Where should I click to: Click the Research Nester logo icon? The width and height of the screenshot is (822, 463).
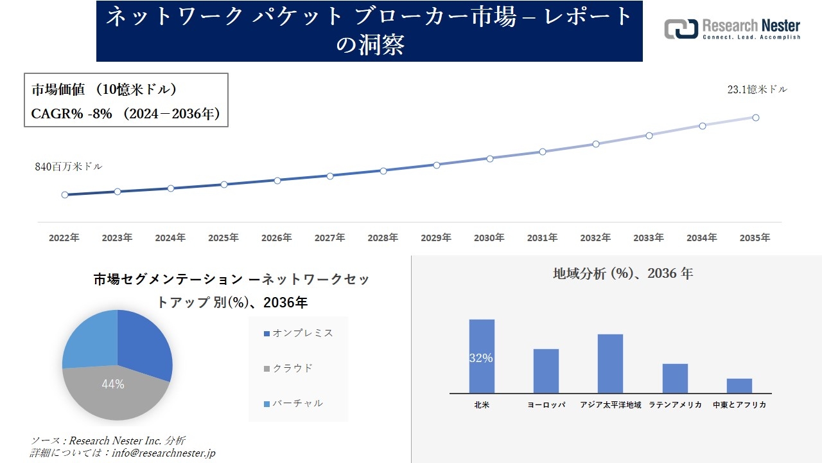(681, 29)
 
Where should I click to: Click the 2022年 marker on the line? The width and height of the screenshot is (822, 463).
(65, 195)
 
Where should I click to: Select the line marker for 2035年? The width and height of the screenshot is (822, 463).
(756, 118)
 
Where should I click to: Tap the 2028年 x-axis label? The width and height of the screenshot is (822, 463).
(383, 238)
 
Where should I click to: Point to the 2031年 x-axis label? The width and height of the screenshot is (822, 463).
(543, 238)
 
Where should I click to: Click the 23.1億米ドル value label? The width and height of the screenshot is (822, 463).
(757, 90)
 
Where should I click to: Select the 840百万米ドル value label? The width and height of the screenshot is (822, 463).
(68, 167)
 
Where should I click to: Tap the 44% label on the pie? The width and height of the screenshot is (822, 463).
(113, 385)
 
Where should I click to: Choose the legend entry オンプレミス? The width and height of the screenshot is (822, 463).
(299, 333)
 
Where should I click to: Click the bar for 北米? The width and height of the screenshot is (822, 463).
(482, 356)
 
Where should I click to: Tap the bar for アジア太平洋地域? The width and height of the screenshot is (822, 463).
(610, 363)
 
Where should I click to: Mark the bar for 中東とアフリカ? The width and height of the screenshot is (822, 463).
(739, 386)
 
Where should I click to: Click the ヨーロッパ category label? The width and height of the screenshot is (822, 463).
(546, 405)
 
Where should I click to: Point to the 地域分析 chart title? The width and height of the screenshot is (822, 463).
(623, 273)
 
